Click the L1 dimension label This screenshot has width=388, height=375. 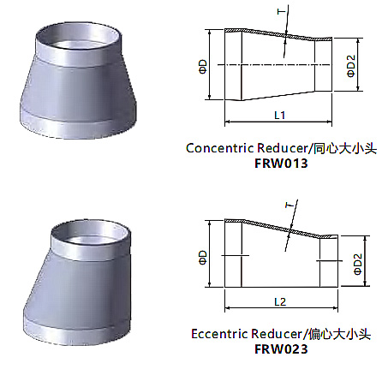click(x=280, y=115)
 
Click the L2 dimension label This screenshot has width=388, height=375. click(x=280, y=301)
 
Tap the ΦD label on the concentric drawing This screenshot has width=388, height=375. click(x=202, y=67)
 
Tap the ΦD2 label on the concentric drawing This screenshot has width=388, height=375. click(x=351, y=66)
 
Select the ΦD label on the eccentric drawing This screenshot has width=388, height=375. click(x=202, y=258)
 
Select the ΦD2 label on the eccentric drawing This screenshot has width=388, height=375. click(x=358, y=264)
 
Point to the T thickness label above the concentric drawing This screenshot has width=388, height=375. click(x=282, y=11)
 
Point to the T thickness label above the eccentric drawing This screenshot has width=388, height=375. click(x=290, y=205)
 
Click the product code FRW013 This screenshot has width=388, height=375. click(x=281, y=164)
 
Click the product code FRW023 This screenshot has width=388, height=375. click(x=281, y=348)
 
